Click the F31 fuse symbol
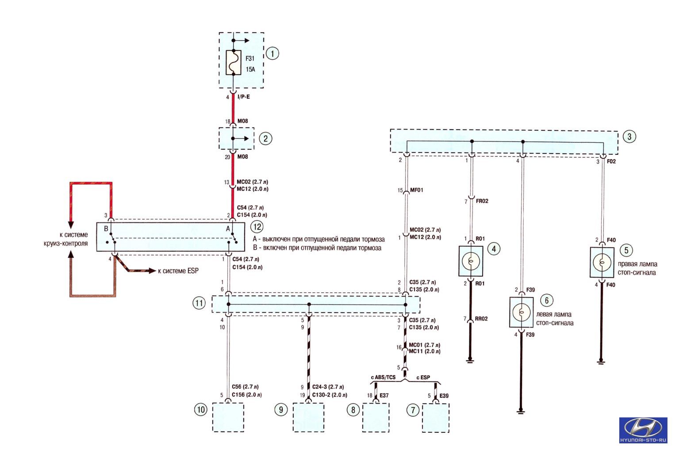coord(234,62)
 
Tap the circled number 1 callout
coord(272,53)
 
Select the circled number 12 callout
coord(257,227)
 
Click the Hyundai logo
coord(643,430)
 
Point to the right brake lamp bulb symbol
coord(602,262)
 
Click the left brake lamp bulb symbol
coord(522,312)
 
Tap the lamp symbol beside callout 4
coord(471,261)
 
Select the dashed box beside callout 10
coord(228,417)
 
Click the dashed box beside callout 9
coord(309,417)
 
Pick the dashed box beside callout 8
coord(376,418)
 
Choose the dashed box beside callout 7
coord(436,418)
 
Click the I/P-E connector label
coord(243,97)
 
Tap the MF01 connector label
coord(417,190)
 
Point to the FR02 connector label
coord(482,201)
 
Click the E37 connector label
coord(384,396)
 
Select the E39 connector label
coord(444,396)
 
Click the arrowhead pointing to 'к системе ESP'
coord(153,271)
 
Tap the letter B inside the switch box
coord(106,229)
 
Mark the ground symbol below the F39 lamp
coord(521,411)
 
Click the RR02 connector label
coord(481,319)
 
